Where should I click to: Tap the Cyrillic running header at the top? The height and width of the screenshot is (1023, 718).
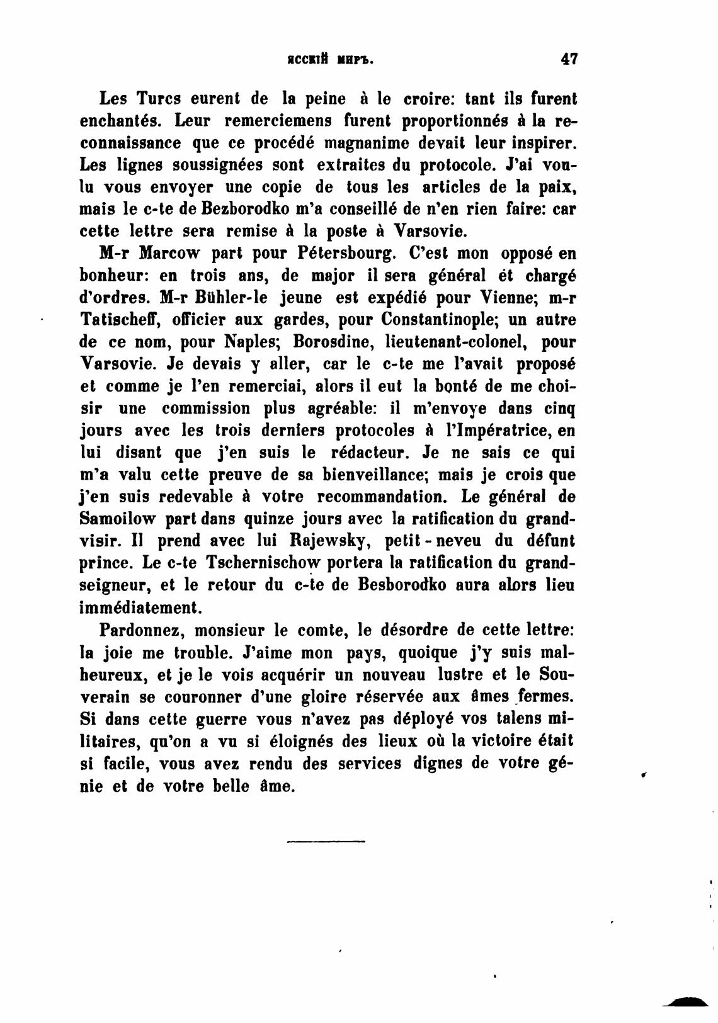point(331,61)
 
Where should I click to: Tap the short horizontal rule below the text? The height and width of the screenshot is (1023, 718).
point(326,841)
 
